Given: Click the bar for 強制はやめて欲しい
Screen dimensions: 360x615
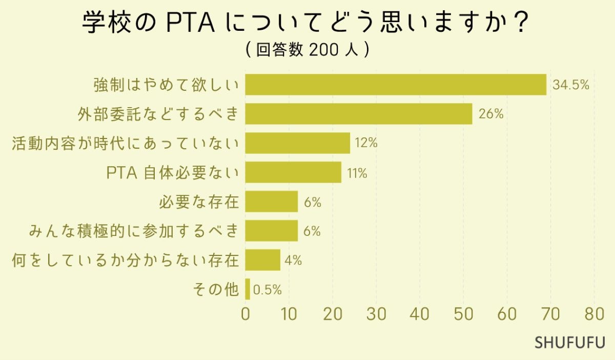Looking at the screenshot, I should point(396,85).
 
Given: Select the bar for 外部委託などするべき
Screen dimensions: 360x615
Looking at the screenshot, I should point(358,114).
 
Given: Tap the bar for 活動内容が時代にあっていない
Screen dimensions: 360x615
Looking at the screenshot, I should point(297,143).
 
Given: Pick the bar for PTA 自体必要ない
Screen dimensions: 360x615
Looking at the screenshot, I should point(293,172).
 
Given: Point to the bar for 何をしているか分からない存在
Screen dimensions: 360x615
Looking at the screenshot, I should point(262,260).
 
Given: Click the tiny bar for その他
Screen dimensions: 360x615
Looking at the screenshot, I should point(248,289).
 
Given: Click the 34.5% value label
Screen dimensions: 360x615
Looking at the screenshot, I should point(570,85).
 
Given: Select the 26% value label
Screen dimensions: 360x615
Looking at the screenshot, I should point(490,114).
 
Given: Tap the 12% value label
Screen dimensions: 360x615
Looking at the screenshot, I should point(366,144).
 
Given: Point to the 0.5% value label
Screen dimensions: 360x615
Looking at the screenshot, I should point(268,290).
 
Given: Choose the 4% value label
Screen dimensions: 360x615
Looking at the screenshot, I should point(293,261).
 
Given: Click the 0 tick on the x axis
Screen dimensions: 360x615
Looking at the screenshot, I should point(245,314).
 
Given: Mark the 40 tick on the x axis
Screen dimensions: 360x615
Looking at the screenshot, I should point(420,314).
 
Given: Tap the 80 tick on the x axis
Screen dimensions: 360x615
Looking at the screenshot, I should point(594,314).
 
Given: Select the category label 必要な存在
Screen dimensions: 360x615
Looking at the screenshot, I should point(200,202).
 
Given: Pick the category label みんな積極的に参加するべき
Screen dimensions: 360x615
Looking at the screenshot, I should point(134,231).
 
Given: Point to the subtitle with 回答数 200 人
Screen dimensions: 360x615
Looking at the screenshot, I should point(307,50).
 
